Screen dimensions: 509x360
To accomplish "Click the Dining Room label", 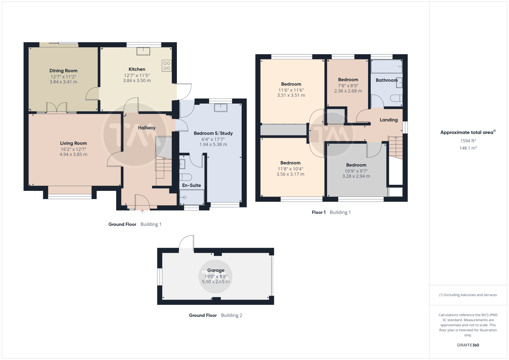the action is (63, 71).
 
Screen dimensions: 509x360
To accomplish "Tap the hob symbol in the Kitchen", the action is (167, 66).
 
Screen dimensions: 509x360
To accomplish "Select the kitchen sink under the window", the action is (143, 51).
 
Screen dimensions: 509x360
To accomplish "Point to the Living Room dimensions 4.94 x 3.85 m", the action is (73, 155).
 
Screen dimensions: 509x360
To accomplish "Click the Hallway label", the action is (147, 128).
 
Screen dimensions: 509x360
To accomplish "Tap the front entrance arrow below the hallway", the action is (142, 212).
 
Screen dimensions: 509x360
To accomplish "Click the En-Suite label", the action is (192, 185).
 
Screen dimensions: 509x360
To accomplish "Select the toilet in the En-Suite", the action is (186, 177).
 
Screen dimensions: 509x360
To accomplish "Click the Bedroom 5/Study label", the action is (213, 133).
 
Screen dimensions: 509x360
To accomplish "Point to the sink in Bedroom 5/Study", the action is (221, 108).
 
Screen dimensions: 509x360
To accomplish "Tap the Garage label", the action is (216, 270).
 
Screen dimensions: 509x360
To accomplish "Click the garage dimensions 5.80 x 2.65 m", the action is (216, 282).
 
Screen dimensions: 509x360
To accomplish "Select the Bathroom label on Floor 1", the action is (387, 80).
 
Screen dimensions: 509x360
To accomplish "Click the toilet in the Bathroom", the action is (396, 98).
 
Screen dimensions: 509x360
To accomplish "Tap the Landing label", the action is (389, 120).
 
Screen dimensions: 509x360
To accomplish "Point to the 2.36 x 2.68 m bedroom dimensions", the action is (348, 91).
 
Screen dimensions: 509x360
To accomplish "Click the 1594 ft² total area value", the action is (468, 141).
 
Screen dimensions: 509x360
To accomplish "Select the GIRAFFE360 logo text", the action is (468, 345).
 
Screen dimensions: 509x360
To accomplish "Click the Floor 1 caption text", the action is (318, 212).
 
